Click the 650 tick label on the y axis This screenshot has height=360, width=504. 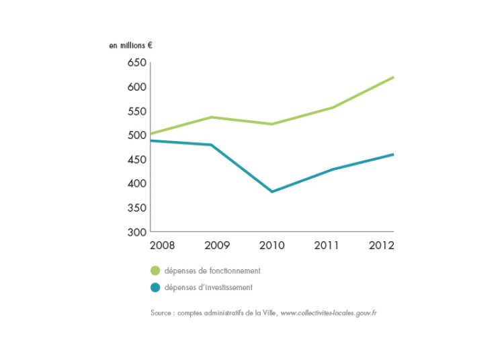(136, 63)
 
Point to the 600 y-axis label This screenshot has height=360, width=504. (136, 87)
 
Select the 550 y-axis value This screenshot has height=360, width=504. (136, 111)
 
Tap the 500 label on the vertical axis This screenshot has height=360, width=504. (136, 136)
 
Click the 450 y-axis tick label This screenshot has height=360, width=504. (136, 160)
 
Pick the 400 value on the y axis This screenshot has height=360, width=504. (136, 183)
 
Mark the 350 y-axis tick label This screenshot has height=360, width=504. (136, 208)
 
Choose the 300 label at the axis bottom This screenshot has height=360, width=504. (136, 232)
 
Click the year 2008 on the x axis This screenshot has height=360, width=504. (162, 244)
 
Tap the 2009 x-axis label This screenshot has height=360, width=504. (212, 244)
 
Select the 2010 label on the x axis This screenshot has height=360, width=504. (271, 244)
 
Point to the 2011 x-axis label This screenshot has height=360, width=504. (327, 244)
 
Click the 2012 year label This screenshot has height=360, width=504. (380, 244)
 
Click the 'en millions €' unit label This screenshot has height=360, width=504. (131, 46)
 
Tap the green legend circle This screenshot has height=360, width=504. (156, 271)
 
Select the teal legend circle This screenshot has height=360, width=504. (156, 287)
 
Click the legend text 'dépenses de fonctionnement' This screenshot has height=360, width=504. (212, 271)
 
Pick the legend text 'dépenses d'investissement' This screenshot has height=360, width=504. (210, 287)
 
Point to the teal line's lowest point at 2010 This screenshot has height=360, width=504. (271, 191)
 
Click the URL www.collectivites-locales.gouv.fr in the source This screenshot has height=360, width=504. (328, 313)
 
